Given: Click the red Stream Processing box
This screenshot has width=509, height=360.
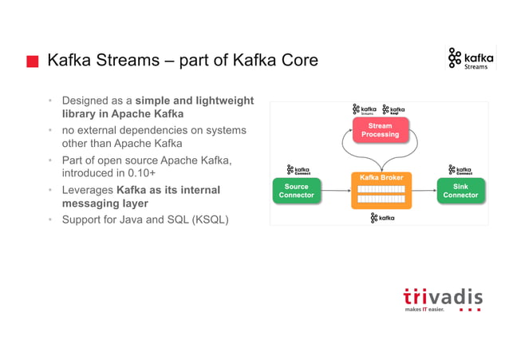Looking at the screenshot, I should point(380,130).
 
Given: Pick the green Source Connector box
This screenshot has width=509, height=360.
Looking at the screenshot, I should point(296,190).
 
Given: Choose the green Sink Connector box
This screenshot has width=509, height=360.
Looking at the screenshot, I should point(460,190).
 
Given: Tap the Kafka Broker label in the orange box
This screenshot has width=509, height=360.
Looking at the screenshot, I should point(381,177).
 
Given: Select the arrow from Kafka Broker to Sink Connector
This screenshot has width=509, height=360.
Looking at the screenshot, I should point(424,191).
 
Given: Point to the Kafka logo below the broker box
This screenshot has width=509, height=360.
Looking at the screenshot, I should point(382,217).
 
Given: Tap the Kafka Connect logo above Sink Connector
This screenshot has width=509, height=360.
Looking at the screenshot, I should point(464,170).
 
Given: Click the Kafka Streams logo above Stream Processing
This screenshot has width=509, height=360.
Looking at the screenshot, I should point(365,110).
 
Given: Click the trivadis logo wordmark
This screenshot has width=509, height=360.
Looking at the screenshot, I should point(442,297).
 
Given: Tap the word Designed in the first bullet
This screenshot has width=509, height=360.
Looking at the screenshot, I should point(86,101).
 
